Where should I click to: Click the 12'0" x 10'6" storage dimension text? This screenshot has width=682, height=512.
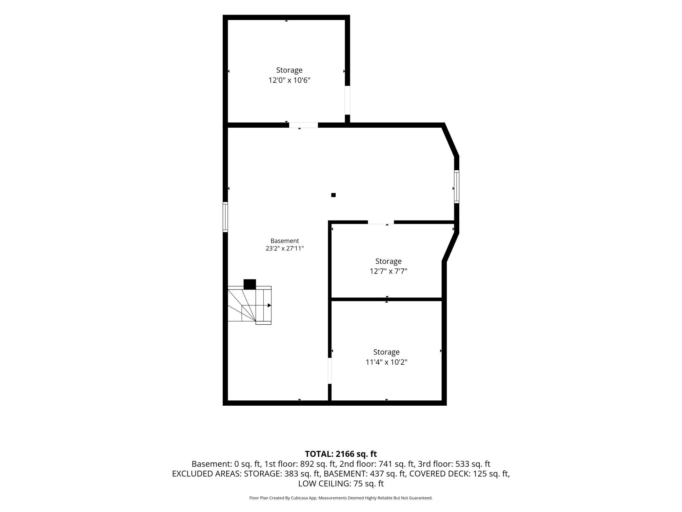pyautogui.click(x=289, y=80)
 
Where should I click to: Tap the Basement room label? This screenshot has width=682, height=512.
pyautogui.click(x=285, y=241)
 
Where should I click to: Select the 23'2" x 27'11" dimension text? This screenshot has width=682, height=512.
pyautogui.click(x=285, y=248)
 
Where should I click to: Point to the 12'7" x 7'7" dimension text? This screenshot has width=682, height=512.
pyautogui.click(x=389, y=271)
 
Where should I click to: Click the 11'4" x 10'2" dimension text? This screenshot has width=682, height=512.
pyautogui.click(x=387, y=362)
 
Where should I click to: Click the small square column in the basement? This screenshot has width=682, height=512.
pyautogui.click(x=333, y=195)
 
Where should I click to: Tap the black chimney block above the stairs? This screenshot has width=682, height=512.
pyautogui.click(x=250, y=284)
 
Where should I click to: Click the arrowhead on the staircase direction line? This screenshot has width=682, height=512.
pyautogui.click(x=270, y=306)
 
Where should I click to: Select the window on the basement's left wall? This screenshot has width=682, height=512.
pyautogui.click(x=225, y=217)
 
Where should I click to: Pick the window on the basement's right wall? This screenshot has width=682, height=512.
pyautogui.click(x=456, y=186)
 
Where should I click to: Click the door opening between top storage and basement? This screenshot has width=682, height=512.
pyautogui.click(x=303, y=125)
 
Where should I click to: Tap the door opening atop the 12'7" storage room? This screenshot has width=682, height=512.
pyautogui.click(x=381, y=222)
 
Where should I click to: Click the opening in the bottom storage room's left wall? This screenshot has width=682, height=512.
pyautogui.click(x=330, y=371)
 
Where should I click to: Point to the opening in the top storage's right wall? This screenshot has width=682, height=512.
pyautogui.click(x=348, y=100)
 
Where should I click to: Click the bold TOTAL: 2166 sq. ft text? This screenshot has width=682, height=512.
pyautogui.click(x=341, y=454)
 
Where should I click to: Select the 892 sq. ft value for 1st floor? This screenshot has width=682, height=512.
pyautogui.click(x=318, y=464)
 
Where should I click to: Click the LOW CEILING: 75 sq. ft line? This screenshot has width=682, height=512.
pyautogui.click(x=341, y=483)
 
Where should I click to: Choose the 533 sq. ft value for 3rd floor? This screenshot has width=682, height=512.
pyautogui.click(x=473, y=464)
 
